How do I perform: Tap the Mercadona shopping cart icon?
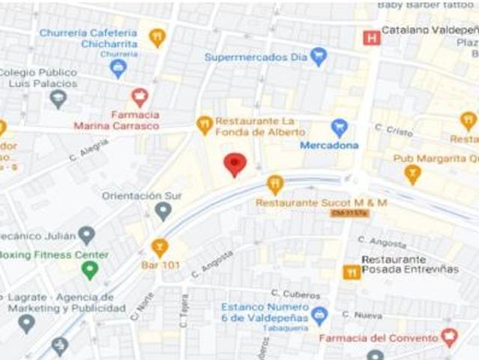[340, 127]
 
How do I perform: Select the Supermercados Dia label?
[256, 57]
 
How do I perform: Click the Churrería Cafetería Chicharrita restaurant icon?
[157, 37]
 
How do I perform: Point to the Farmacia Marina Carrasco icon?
[139, 97]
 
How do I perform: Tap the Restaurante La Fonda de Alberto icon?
[205, 125]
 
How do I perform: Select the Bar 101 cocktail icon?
[159, 247]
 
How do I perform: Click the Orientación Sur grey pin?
[163, 211]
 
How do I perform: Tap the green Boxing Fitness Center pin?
[90, 270]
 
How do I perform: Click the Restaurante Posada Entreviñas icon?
[351, 272]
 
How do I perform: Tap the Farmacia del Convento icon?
[449, 337]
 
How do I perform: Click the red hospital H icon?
[371, 37]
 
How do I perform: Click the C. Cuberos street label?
[295, 294]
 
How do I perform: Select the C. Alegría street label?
[88, 151]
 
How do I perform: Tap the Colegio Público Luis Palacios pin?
[58, 99]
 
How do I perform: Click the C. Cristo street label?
[394, 130]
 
